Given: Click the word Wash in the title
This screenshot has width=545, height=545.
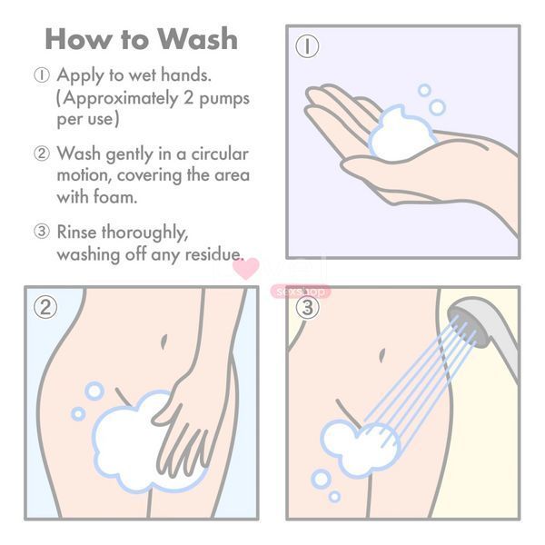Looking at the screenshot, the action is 197,39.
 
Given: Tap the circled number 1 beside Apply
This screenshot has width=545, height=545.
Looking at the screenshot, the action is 42,75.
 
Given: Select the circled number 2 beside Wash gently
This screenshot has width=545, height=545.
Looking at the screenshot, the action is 42,154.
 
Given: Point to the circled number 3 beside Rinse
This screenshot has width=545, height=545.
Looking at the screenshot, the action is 42,232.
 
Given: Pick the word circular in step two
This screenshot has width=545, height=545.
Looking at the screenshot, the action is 220,154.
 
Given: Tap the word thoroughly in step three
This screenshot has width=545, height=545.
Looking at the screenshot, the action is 144,233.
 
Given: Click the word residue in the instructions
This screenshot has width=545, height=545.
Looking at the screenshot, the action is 213,254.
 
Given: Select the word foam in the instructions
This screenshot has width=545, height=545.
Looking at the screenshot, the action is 115,197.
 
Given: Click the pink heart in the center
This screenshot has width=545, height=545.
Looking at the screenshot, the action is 246,268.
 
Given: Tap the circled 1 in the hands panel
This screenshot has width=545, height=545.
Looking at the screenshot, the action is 307,46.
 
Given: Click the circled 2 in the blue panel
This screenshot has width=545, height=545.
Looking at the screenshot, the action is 45,307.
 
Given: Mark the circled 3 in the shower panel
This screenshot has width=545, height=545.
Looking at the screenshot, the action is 307,307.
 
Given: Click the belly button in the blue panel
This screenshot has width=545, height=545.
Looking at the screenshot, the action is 163,342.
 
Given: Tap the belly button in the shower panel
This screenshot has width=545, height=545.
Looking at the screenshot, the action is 382,355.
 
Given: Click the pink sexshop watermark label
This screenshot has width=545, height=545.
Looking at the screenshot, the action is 301,292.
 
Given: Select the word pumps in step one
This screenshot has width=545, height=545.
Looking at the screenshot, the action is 224,99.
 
